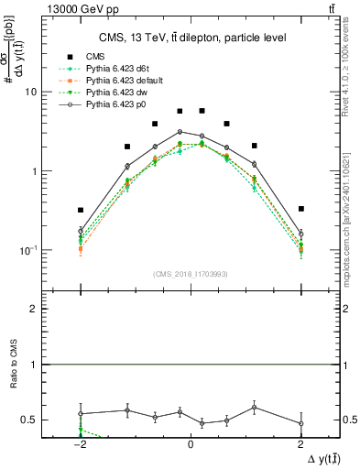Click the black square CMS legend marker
click(x=66, y=60)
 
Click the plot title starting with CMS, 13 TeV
click(x=190, y=38)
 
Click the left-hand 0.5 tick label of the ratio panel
click(x=29, y=420)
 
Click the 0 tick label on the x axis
click(x=190, y=442)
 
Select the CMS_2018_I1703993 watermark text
click(x=190, y=273)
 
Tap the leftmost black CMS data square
click(x=81, y=210)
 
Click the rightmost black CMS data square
click(x=301, y=209)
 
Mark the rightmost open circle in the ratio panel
click(x=301, y=423)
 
